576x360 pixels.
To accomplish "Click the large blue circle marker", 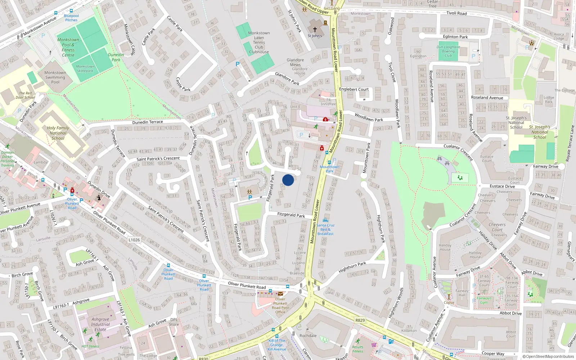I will [288, 180].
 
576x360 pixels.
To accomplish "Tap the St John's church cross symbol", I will [315, 30].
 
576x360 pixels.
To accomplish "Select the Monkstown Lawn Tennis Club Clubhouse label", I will [259, 42].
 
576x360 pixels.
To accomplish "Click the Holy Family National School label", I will [58, 133].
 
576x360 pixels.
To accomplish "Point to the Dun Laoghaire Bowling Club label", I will [448, 51].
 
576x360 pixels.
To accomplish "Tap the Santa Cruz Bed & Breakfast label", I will [325, 229].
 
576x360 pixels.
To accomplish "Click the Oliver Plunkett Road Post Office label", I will [280, 306].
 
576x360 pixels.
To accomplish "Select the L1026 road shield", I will [134, 240].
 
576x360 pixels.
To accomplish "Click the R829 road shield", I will [360, 320].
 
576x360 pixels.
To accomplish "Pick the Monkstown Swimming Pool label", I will [55, 77].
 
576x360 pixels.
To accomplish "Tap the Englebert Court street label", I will [354, 89].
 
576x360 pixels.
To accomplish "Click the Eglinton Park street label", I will [455, 37].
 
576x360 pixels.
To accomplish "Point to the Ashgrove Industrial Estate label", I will [100, 324].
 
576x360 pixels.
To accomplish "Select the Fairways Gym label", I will [484, 300].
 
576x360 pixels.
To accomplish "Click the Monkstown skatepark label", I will [85, 69].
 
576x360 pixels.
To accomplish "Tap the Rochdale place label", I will [308, 336].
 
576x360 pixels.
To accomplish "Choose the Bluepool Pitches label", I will [71, 18].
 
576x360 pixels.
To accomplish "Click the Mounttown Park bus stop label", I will [329, 169].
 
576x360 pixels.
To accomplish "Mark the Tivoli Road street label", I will [456, 13].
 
